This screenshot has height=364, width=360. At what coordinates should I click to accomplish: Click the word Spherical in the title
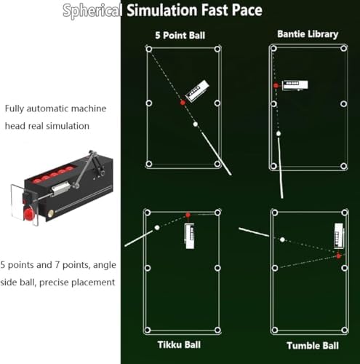[x=92, y=10]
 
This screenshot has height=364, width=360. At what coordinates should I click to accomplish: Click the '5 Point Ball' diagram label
[x=180, y=36]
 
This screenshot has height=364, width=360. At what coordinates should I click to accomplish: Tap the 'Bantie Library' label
[x=308, y=34]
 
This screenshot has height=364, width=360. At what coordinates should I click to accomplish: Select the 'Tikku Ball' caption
[x=179, y=344]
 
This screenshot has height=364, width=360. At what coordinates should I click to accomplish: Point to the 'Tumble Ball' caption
[x=313, y=346]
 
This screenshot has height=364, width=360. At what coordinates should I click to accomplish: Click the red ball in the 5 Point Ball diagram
[x=183, y=103]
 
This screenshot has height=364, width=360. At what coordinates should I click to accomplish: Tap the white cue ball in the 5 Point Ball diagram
[x=196, y=124]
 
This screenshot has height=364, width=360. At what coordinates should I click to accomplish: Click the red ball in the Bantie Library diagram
[x=276, y=85]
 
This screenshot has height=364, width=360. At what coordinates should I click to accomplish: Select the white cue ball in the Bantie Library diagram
[x=279, y=133]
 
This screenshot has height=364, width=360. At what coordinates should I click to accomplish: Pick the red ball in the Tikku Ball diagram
[x=188, y=215]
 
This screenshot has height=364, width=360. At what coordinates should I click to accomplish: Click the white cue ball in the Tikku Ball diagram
[x=157, y=228]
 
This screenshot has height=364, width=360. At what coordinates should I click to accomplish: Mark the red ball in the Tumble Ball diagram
[x=339, y=256]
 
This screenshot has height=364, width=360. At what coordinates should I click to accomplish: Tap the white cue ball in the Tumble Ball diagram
[x=282, y=240]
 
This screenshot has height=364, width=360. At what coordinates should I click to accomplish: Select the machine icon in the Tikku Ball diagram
[x=189, y=236]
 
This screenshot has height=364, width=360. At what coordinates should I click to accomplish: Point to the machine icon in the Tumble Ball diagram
[x=339, y=236]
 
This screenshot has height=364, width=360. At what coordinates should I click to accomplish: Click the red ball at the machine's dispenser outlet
[x=28, y=215]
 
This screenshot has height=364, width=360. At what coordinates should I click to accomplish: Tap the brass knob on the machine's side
[x=51, y=213]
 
